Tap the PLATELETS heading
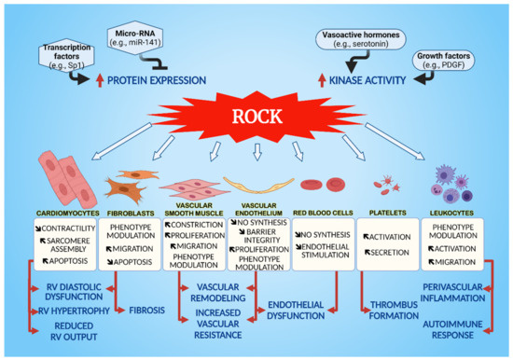[390, 212]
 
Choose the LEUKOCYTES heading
[457, 212]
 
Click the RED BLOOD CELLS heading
[323, 212]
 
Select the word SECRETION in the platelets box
[390, 252]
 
